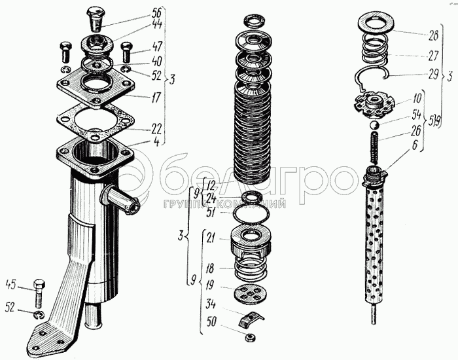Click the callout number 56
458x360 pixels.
(x=156, y=14)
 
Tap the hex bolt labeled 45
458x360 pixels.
(x=39, y=293)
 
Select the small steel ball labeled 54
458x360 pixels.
(x=374, y=125)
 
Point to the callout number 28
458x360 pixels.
(x=433, y=35)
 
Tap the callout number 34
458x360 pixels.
(x=210, y=304)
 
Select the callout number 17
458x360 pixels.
(x=156, y=98)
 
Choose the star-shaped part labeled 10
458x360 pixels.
(x=374, y=103)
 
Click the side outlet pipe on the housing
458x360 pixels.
(x=120, y=200)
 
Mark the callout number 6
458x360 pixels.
(x=415, y=145)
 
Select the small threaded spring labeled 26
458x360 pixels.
(x=375, y=148)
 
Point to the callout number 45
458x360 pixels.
(x=11, y=285)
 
